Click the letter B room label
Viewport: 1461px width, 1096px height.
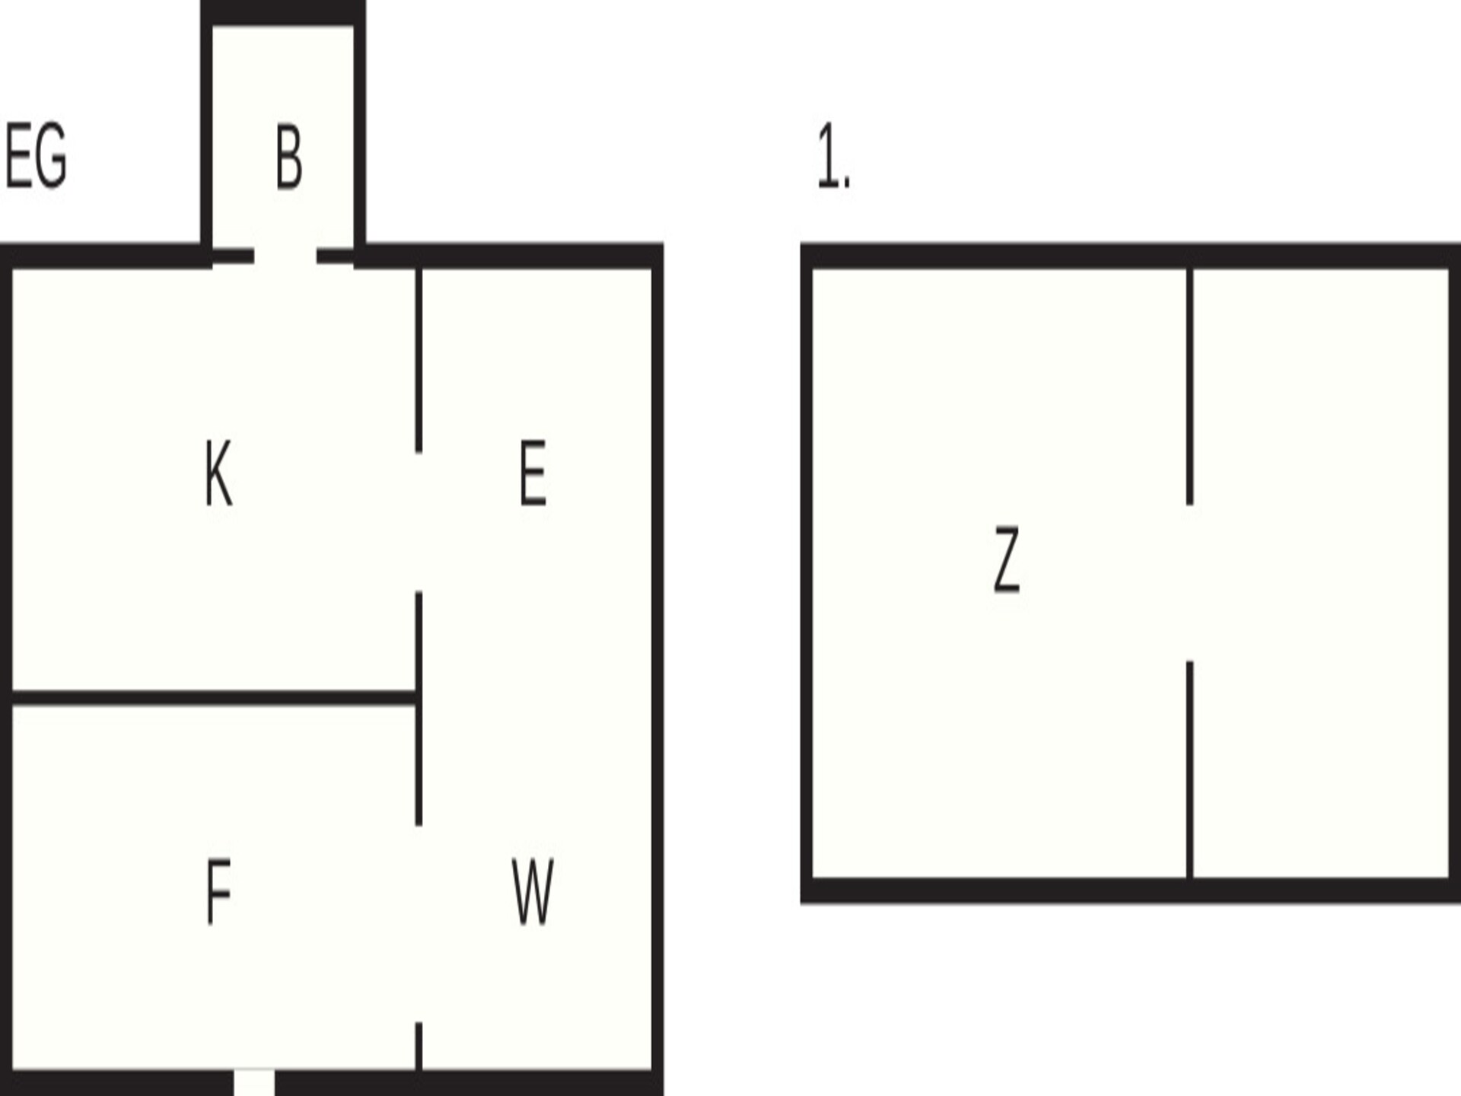(289, 158)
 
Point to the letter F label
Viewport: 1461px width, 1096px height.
(218, 891)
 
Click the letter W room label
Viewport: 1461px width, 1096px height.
(533, 891)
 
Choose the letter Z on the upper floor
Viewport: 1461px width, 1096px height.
(1007, 559)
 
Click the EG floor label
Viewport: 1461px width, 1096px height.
(36, 157)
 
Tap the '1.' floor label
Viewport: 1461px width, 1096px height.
(833, 157)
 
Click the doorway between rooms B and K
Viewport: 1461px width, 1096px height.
(285, 256)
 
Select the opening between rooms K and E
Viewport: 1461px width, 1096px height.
(419, 521)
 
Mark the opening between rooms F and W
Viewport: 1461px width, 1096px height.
(419, 924)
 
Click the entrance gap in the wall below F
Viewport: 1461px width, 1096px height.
(254, 1082)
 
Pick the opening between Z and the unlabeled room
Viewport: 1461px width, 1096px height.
(1189, 583)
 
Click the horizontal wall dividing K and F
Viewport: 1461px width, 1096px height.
(214, 698)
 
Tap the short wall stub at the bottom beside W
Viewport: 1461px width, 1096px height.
(419, 1047)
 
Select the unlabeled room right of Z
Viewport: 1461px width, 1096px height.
(1321, 572)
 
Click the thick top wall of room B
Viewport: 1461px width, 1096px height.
(283, 13)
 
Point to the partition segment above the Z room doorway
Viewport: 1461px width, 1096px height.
(1189, 387)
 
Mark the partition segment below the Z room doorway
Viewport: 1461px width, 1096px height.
(1189, 769)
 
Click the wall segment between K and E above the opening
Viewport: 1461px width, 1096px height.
(419, 360)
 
